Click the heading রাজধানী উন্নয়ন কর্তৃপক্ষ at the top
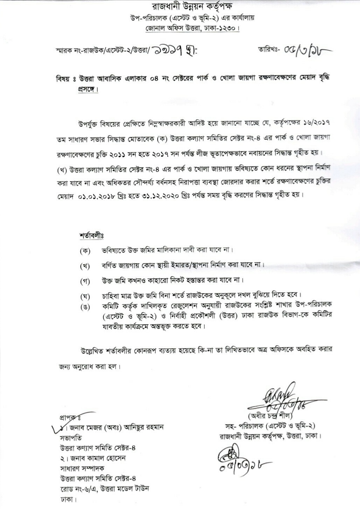click(192, 7)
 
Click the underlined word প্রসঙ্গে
click(87, 89)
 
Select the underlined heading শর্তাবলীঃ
click(92, 236)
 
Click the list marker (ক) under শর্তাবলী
click(85, 250)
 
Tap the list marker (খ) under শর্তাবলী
click(85, 266)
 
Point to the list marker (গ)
click(85, 281)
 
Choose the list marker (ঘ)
click(85, 297)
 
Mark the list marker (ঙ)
click(85, 307)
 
